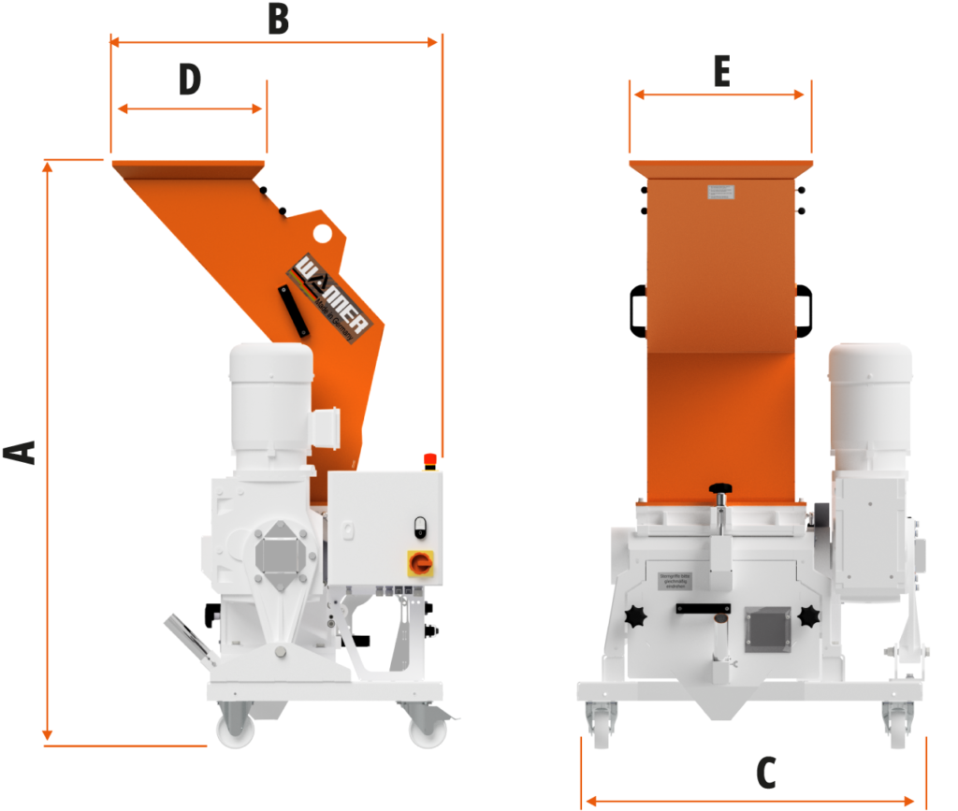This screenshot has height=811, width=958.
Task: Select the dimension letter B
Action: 277,18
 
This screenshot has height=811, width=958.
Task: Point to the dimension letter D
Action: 190,80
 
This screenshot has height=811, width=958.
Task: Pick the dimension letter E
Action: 720,71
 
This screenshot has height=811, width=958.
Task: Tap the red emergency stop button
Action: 431,458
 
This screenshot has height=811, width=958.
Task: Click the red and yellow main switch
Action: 420,563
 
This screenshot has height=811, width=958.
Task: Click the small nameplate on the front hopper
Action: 720,193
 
